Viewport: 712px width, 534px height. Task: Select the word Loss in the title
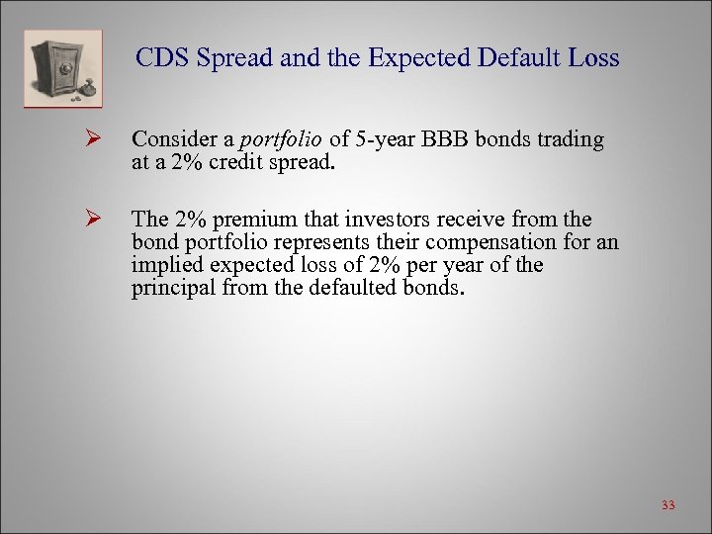coord(594,58)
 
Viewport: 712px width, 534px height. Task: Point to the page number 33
coord(667,506)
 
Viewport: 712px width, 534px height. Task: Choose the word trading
coord(568,139)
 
